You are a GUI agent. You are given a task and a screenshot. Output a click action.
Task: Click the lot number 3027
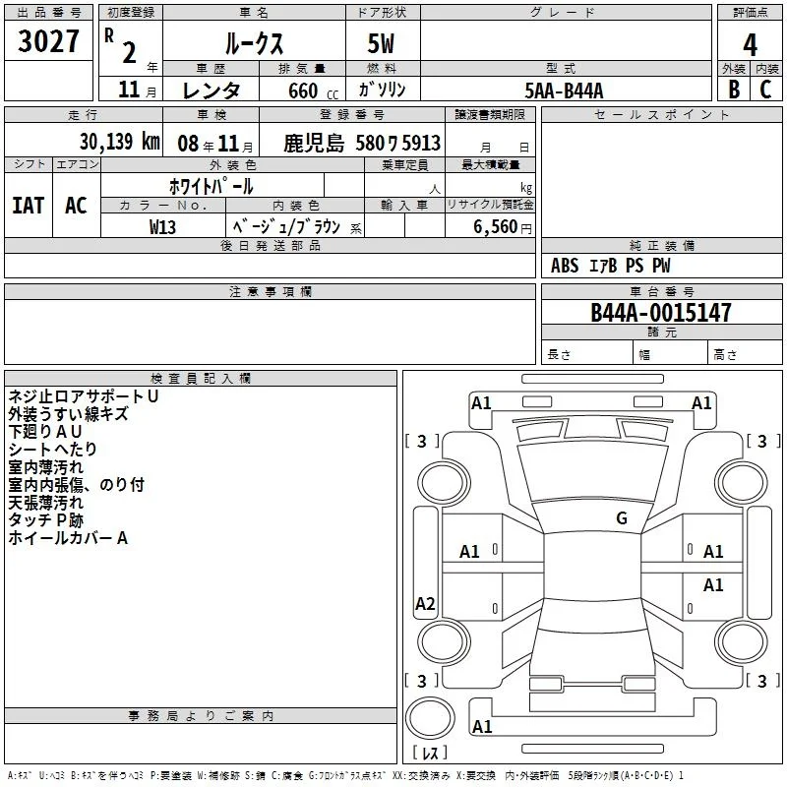pos(48,41)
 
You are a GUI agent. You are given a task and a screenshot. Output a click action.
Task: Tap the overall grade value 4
pos(750,45)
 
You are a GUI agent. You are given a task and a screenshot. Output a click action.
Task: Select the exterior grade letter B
pos(734,90)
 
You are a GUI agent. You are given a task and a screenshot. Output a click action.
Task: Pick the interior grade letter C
pos(765,90)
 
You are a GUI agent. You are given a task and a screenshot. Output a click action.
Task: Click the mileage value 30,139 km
pos(119,142)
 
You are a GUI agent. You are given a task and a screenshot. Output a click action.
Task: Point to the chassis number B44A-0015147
pos(660,312)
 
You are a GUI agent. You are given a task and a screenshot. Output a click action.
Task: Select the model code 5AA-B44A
pos(564,91)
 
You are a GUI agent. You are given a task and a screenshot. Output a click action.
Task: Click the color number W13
pos(162,227)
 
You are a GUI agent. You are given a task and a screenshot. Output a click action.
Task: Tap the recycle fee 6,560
pos(495,227)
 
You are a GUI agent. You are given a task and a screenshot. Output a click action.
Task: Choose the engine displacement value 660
pos(303,91)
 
